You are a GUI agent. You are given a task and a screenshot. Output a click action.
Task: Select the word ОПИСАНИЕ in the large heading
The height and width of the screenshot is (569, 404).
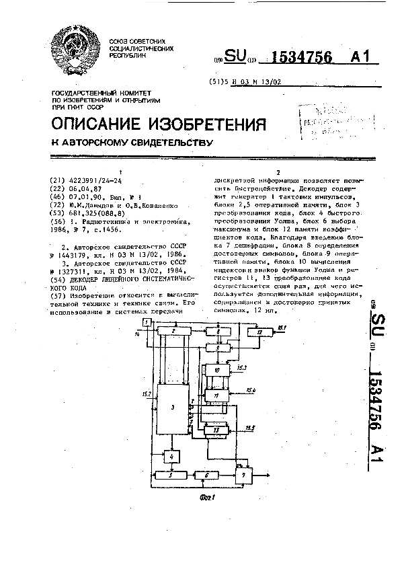pyautogui.click(x=94, y=124)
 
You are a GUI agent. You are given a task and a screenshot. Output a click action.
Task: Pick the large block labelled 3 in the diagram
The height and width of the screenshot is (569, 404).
pyautogui.click(x=173, y=408)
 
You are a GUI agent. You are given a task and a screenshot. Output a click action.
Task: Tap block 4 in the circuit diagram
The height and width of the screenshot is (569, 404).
pyautogui.click(x=173, y=457)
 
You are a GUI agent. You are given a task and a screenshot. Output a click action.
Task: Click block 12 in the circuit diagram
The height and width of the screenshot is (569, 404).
pyautogui.click(x=259, y=332)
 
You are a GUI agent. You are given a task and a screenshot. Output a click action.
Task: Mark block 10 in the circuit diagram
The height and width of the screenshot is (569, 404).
pyautogui.click(x=217, y=370)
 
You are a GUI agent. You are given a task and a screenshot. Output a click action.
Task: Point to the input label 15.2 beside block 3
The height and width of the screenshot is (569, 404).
pyautogui.click(x=147, y=393)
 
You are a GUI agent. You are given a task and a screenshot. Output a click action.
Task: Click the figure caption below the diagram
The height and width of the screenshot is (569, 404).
pyautogui.click(x=207, y=497)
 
